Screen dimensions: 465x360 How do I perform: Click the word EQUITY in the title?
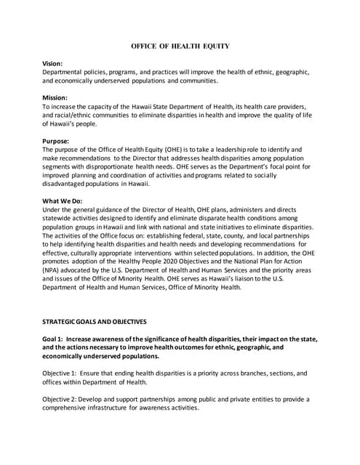click(215, 46)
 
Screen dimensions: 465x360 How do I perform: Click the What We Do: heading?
click(65, 201)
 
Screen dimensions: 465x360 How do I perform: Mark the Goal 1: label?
click(58, 339)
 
